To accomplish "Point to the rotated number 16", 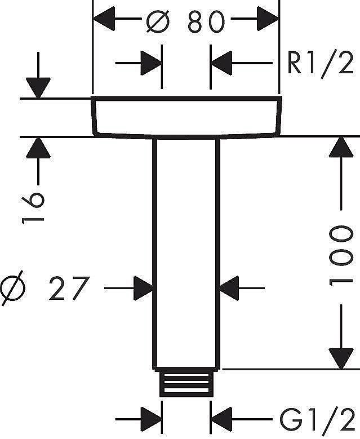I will coord(33,207).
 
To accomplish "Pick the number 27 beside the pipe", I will coord(69,289).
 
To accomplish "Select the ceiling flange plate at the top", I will coord(185,117).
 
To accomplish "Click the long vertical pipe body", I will coord(185,254).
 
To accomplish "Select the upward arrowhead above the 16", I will coord(38,149).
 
